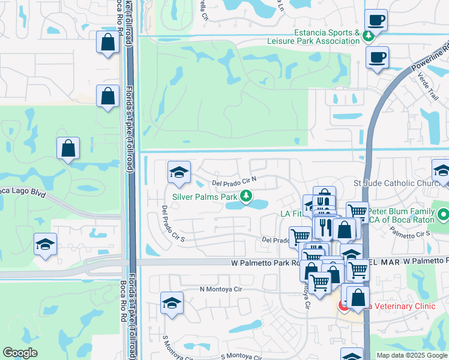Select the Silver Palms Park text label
click(x=205, y=196)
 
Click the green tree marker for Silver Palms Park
click(x=246, y=196)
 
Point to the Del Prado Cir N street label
click(x=235, y=180)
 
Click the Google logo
click(x=20, y=353)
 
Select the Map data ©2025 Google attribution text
click(x=411, y=355)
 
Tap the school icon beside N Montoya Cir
click(x=172, y=303)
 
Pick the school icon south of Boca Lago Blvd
click(x=46, y=244)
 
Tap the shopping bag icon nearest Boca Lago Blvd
click(x=68, y=148)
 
